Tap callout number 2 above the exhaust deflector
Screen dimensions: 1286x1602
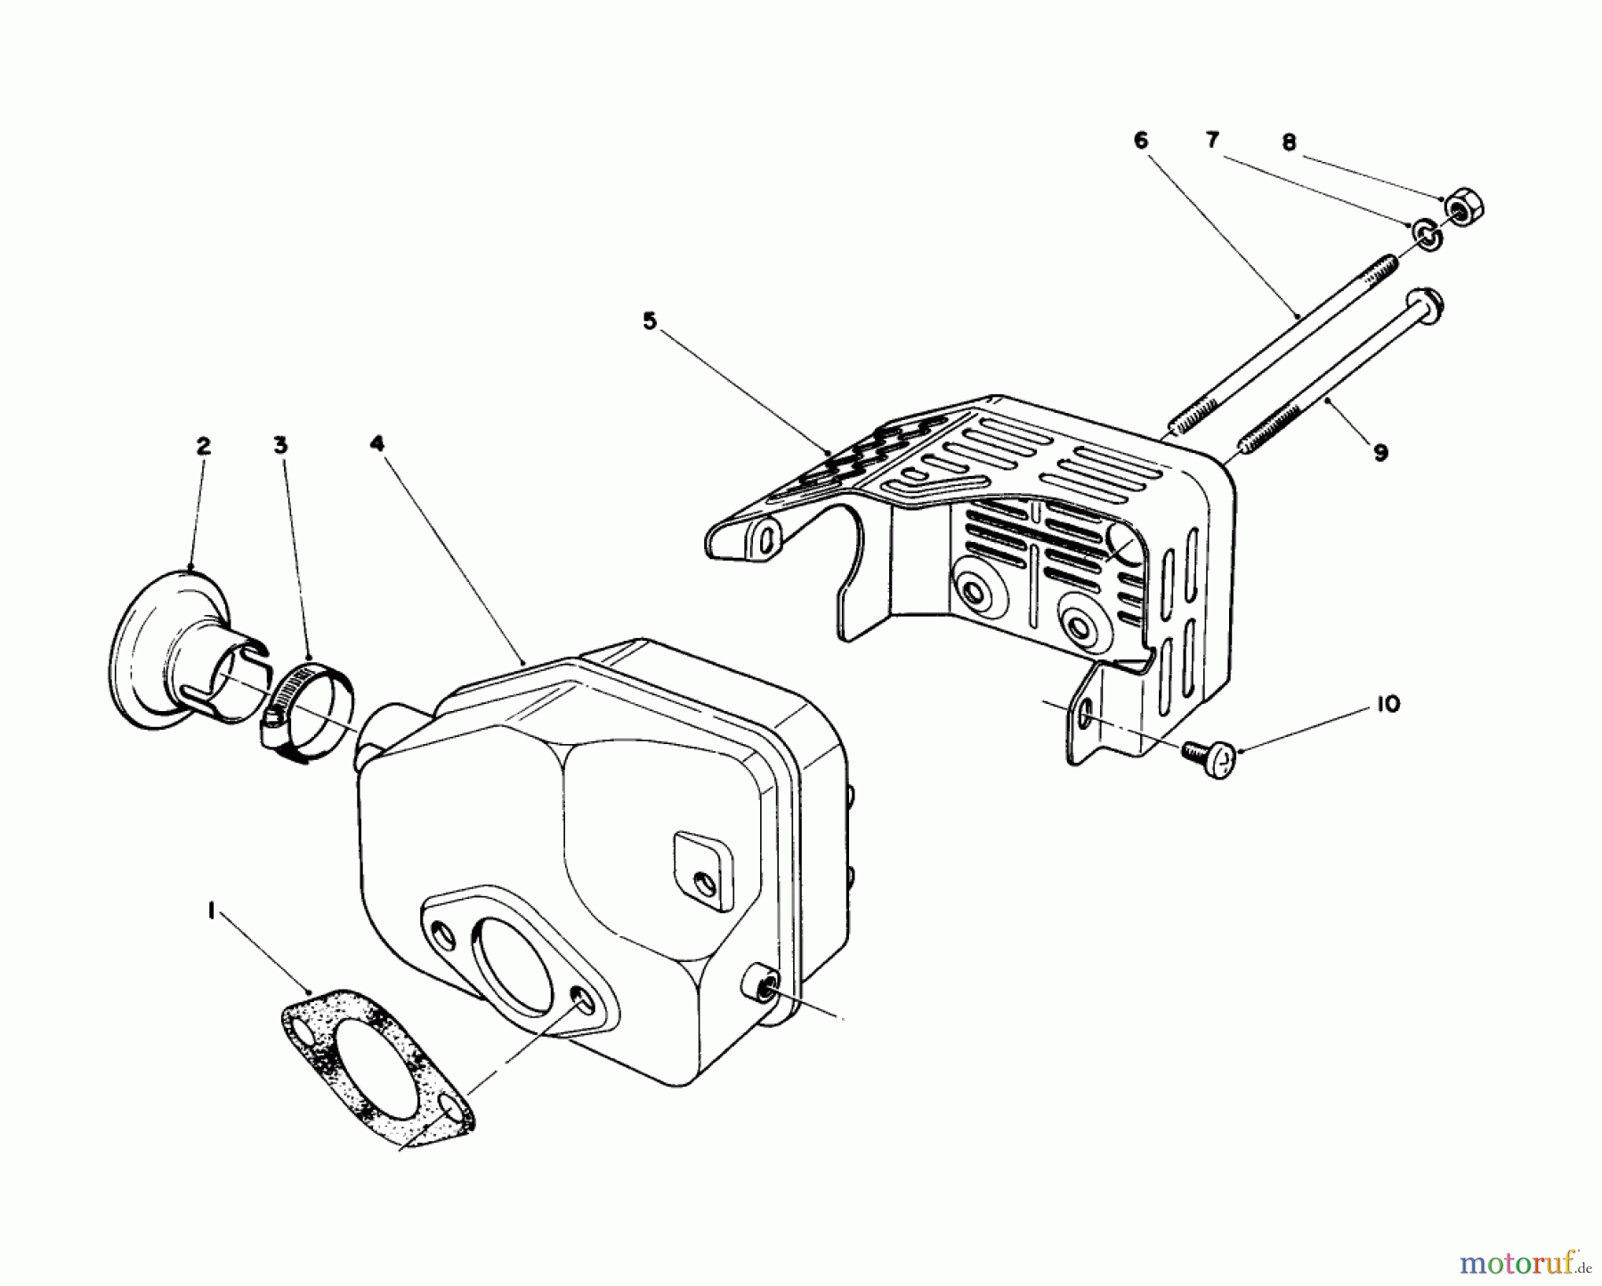[204, 446]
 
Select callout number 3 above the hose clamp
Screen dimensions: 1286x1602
[280, 445]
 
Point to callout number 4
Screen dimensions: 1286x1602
[377, 442]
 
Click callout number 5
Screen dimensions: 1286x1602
[650, 321]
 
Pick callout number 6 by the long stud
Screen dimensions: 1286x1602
[1141, 141]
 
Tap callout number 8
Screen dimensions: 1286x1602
[1290, 142]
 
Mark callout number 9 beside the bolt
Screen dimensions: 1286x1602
[1379, 453]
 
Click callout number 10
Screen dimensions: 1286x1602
[1387, 704]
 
